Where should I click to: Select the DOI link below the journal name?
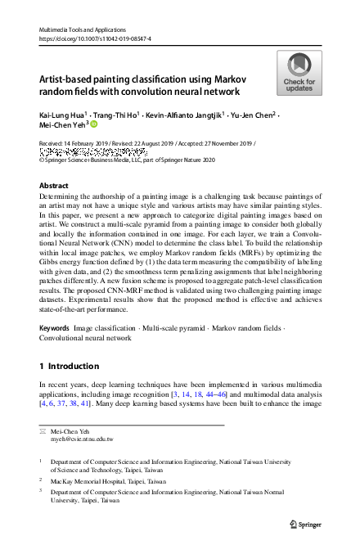[89, 39]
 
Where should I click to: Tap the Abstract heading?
[54, 186]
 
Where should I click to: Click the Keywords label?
[54, 327]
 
